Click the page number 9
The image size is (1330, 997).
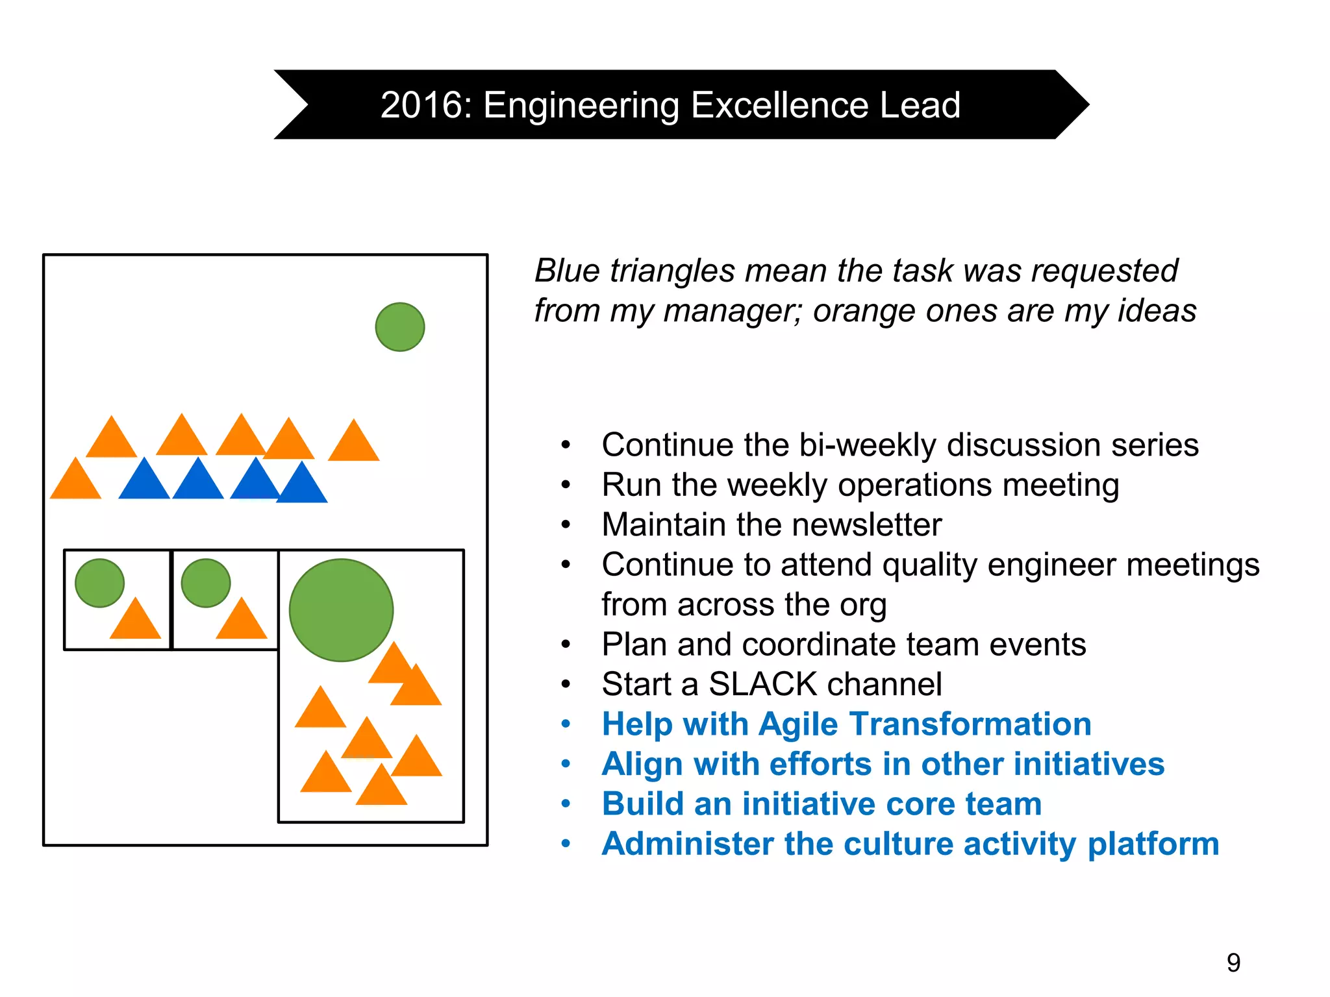point(1233,962)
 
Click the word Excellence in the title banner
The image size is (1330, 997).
point(779,105)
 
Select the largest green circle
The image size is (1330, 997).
point(341,610)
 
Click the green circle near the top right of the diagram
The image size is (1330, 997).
point(400,327)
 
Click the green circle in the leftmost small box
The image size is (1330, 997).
point(99,583)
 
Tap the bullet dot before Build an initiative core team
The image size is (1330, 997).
point(566,804)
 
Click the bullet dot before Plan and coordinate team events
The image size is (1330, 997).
point(566,645)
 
